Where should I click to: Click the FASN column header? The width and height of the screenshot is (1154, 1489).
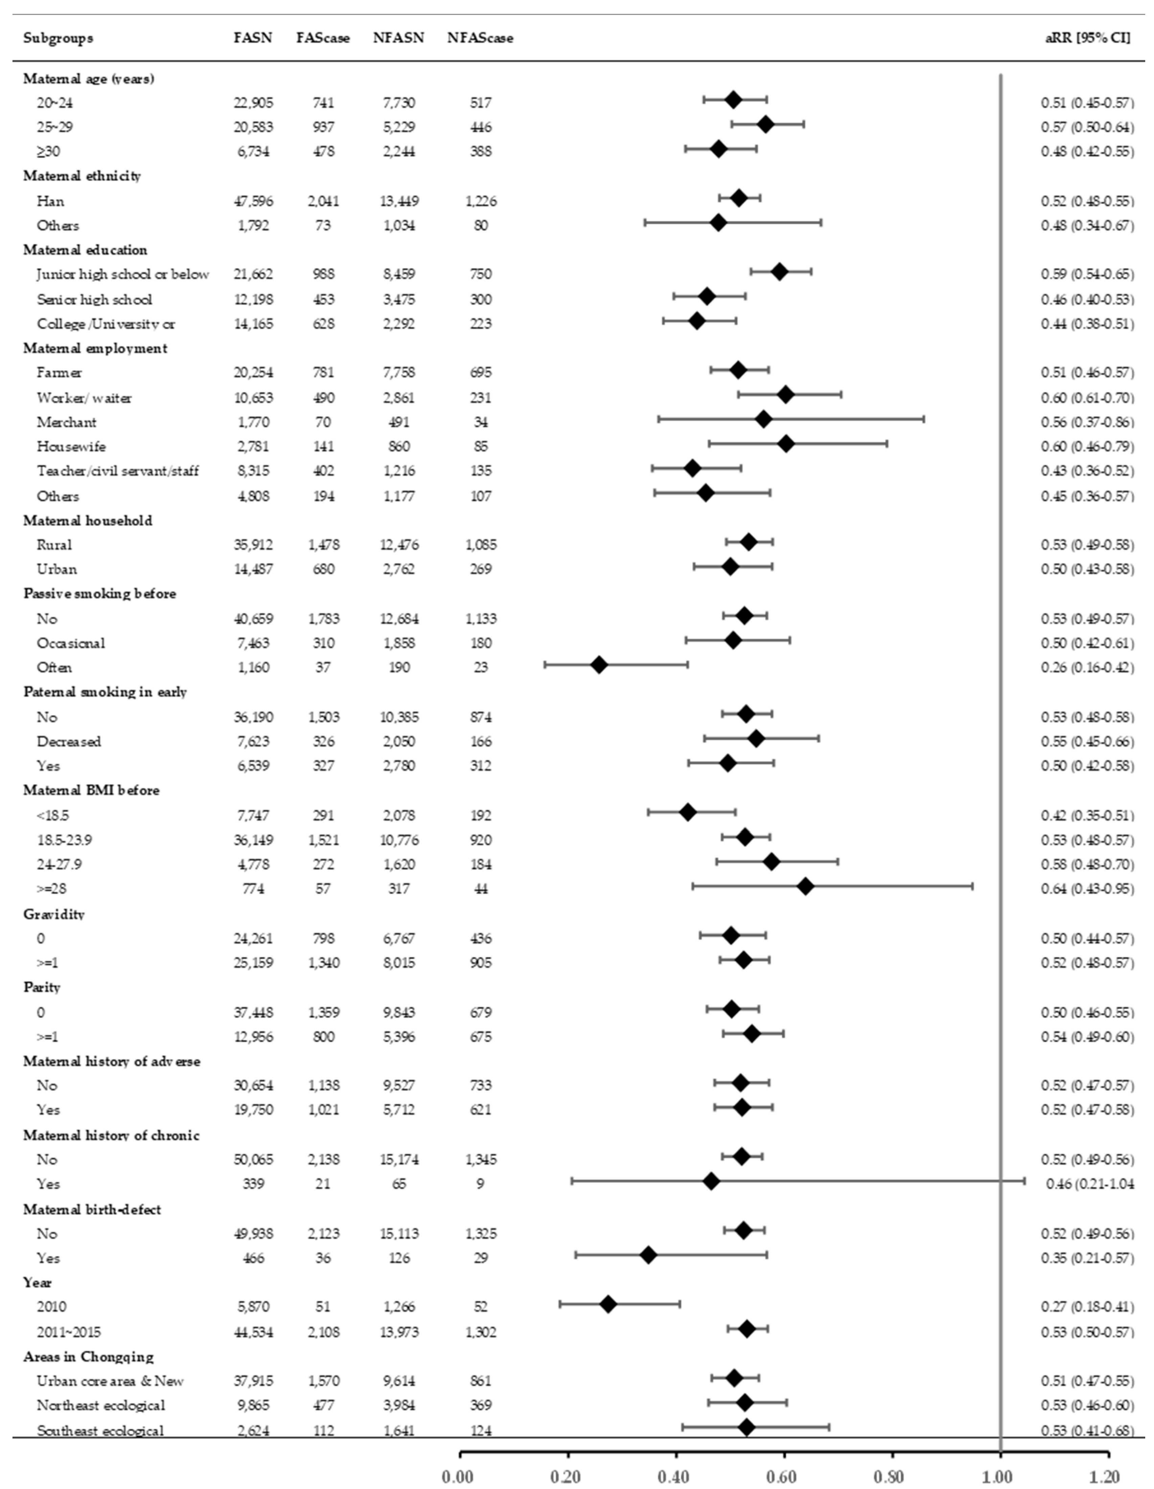(252, 38)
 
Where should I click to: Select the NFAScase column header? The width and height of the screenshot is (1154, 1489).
(480, 38)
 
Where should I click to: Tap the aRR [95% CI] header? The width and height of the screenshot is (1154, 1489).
(1087, 38)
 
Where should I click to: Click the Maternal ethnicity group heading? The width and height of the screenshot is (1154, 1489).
(82, 176)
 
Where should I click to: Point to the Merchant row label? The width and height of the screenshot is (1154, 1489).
(67, 422)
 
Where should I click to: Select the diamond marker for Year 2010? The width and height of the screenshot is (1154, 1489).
(608, 1304)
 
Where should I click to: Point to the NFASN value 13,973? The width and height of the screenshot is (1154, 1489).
(399, 1331)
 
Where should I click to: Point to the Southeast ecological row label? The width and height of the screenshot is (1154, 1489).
(100, 1430)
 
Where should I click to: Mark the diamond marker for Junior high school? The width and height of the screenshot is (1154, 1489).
(779, 271)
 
